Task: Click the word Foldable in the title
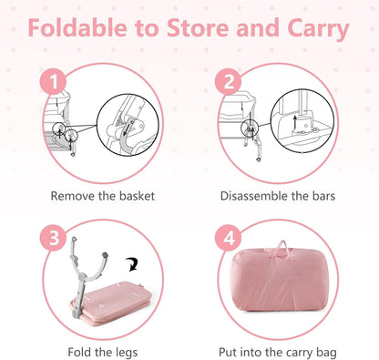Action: [x=77, y=28]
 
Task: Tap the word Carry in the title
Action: [x=318, y=30]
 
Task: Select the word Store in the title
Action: [x=198, y=28]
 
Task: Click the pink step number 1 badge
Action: [x=53, y=81]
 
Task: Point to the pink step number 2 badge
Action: [x=228, y=81]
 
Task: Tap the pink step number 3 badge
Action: [x=54, y=238]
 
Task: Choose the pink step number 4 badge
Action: [x=228, y=238]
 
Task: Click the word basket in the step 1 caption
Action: [x=137, y=196]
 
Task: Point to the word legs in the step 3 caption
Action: [x=127, y=353]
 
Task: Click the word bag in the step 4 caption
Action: [x=326, y=353]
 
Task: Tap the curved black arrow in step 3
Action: [x=132, y=263]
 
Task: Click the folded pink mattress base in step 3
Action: [x=112, y=303]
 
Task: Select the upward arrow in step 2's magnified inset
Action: [x=294, y=122]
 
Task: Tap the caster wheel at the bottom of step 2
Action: [x=259, y=159]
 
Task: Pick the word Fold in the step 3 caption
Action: [x=79, y=353]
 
